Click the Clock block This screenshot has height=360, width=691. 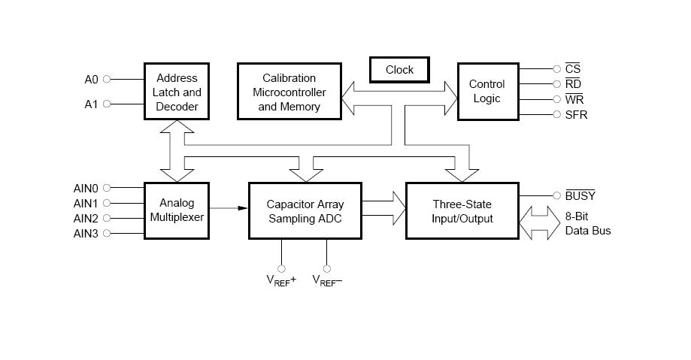[399, 70]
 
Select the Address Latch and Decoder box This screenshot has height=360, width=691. [177, 92]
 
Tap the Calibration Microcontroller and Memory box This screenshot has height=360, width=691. [289, 92]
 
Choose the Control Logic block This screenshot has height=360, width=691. [486, 92]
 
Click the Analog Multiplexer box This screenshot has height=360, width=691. [177, 210]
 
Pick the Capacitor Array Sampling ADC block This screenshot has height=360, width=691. [305, 211]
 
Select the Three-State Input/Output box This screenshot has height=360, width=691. [462, 211]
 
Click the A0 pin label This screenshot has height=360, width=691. [91, 79]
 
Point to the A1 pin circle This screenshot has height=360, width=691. [107, 104]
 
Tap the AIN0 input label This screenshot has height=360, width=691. [86, 188]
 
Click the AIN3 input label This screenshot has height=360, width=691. [86, 233]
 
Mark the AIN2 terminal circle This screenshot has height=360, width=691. [107, 218]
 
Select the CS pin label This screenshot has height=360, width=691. [573, 69]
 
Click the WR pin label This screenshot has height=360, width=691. [574, 99]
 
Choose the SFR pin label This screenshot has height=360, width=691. [576, 115]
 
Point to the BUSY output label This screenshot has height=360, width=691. [580, 196]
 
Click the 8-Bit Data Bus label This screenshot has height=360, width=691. [588, 224]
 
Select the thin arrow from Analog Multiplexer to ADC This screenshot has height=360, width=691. [229, 207]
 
